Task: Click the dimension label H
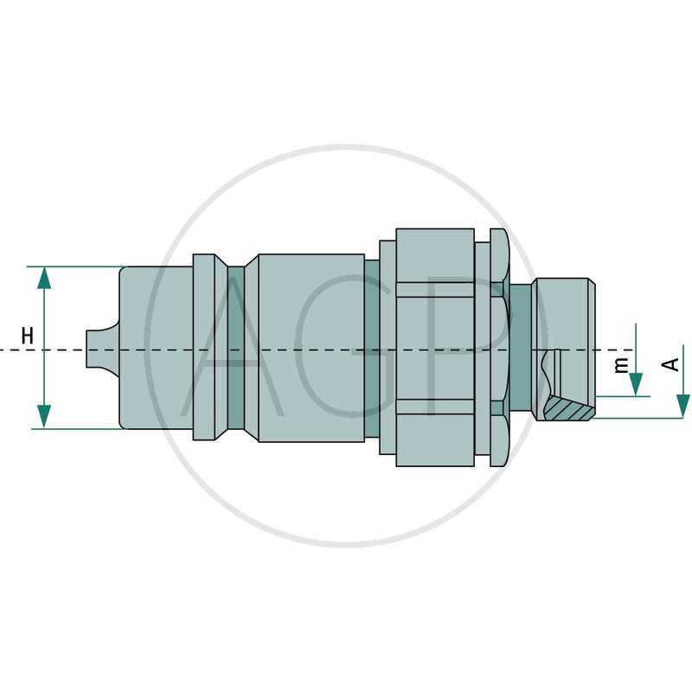point(28,336)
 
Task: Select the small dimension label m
point(620,365)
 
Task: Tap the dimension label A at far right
point(670,364)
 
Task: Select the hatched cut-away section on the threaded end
point(570,409)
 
